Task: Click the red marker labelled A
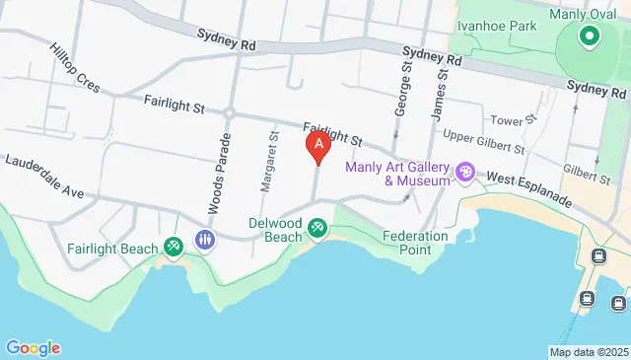(317, 148)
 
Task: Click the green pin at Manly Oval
(590, 36)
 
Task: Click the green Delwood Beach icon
(318, 228)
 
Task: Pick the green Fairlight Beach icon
(175, 244)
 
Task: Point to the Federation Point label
(415, 243)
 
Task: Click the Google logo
(33, 347)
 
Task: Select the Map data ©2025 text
(589, 352)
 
